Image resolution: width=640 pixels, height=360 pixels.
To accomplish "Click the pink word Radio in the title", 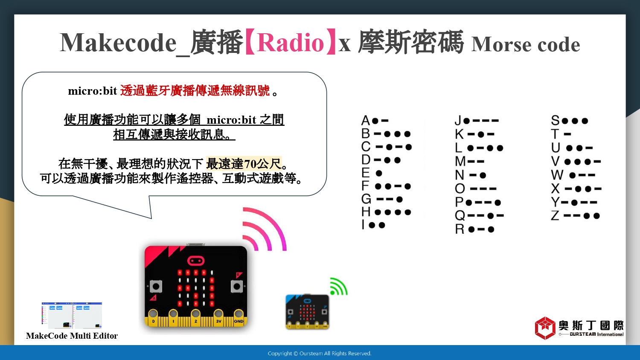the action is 290,43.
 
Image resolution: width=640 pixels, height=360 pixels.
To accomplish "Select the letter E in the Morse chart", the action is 365,173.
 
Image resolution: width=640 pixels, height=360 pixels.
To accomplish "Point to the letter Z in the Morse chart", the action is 555,216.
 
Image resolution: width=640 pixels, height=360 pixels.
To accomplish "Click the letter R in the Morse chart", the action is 460,229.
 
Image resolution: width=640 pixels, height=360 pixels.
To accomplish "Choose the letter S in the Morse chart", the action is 555,121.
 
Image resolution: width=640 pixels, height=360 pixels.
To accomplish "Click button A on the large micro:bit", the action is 156,286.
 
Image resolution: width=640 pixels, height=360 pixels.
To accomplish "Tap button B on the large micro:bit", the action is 237,286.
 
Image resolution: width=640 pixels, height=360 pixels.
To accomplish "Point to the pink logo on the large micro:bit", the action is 196,261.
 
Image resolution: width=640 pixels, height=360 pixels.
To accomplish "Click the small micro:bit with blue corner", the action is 308,312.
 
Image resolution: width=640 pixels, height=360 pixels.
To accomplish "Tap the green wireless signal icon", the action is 339,286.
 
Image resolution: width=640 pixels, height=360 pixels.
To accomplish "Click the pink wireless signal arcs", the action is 264,229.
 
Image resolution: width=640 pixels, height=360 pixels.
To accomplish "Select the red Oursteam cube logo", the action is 545,328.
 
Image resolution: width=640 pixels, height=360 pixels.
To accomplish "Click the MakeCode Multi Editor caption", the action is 72,336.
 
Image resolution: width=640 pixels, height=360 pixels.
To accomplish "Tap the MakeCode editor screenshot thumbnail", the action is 72,316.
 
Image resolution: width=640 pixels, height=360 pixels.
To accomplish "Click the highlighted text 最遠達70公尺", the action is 244,164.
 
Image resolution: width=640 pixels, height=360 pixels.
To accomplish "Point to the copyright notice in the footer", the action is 320,354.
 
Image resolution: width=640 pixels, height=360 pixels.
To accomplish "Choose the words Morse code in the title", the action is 526,44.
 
